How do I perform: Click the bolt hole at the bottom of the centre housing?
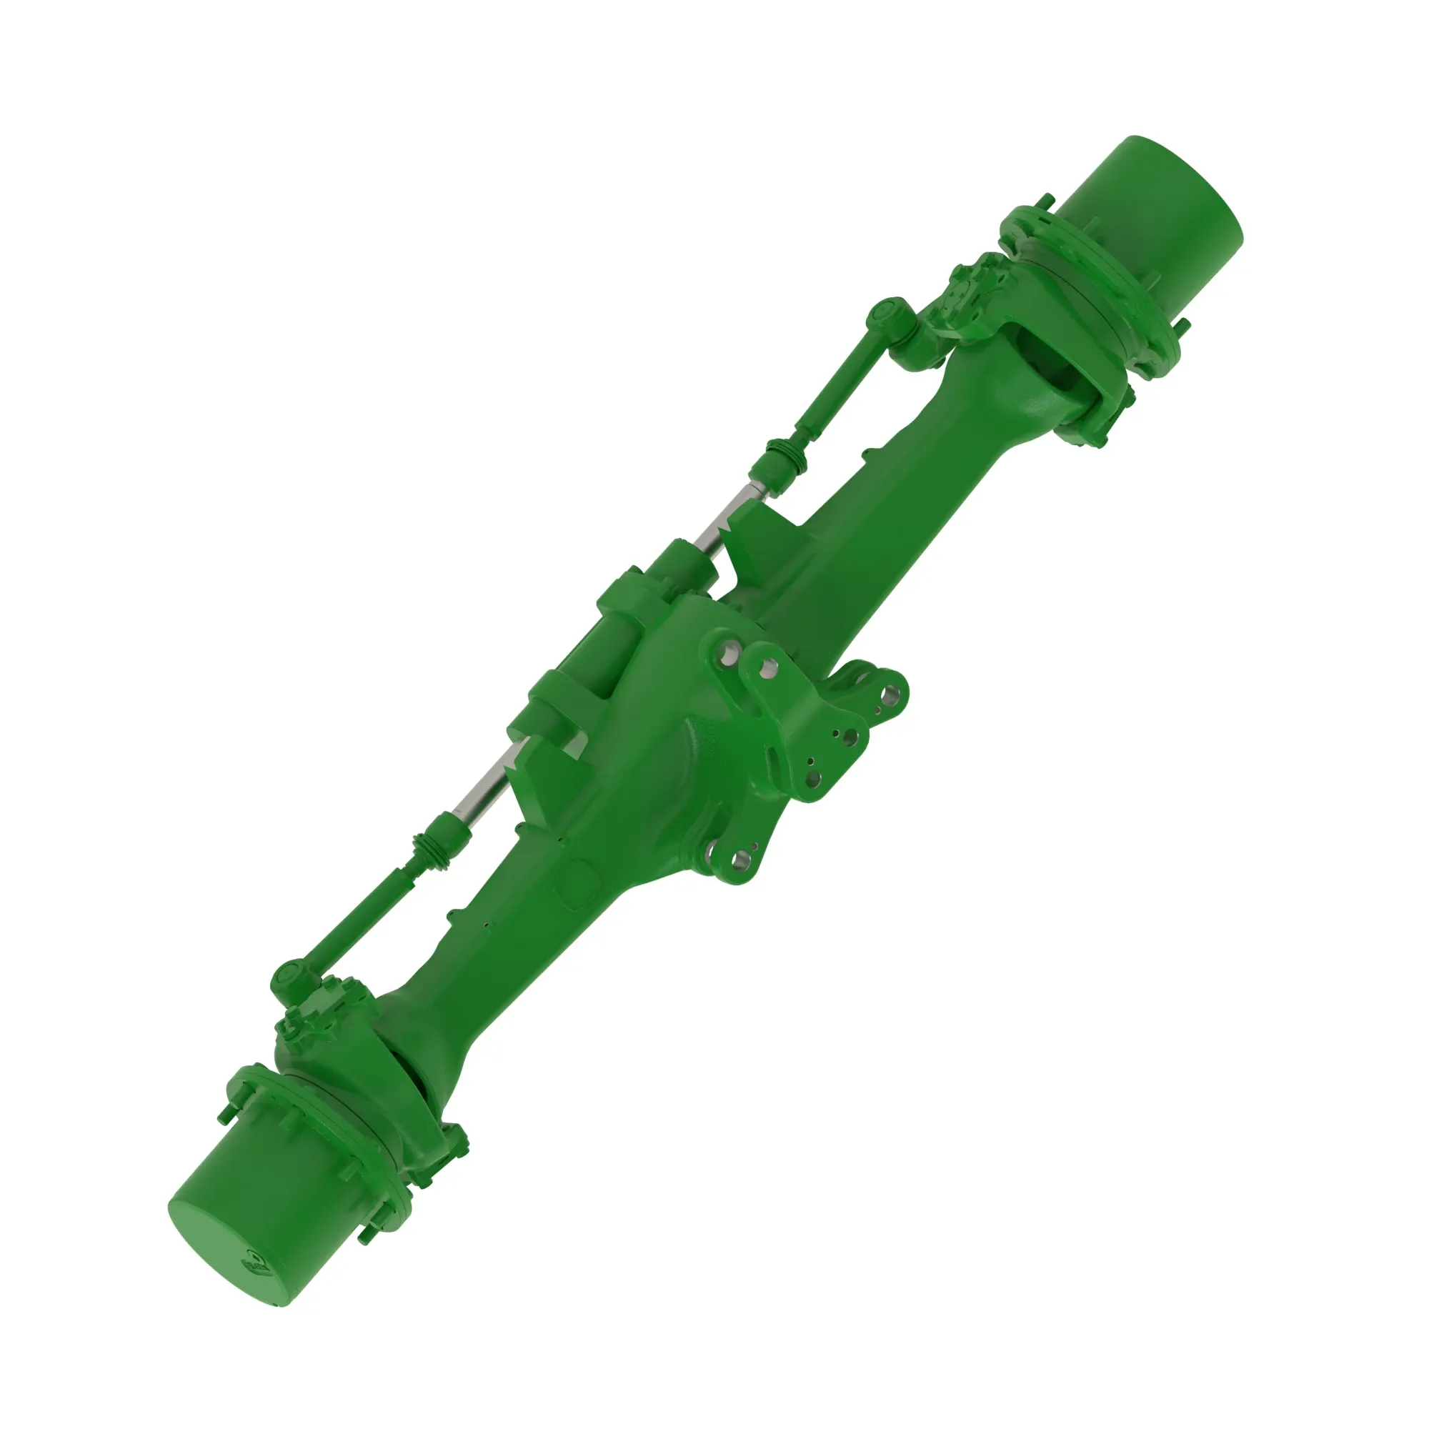740,859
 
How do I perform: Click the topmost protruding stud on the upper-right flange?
1047,201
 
